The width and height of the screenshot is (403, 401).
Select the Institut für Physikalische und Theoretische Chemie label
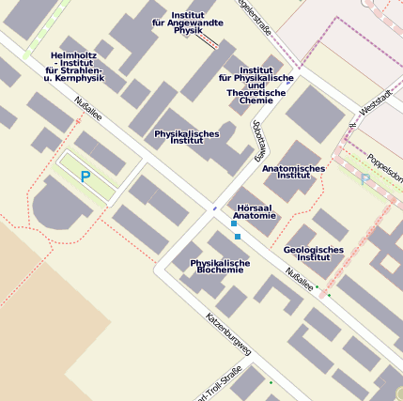click(x=256, y=85)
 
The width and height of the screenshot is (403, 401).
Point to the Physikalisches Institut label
click(x=187, y=137)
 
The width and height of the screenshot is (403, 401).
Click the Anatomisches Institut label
click(x=293, y=172)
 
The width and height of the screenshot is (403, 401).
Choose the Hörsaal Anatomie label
click(x=255, y=211)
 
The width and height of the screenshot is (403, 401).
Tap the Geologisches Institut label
click(x=313, y=253)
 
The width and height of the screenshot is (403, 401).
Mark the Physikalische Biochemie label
click(x=220, y=266)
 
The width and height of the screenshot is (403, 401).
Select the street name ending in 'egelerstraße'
click(x=255, y=17)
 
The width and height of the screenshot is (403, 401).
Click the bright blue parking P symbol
click(x=85, y=176)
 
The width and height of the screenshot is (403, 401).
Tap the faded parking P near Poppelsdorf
click(x=365, y=178)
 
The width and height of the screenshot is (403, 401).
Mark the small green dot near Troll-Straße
click(x=271, y=382)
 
